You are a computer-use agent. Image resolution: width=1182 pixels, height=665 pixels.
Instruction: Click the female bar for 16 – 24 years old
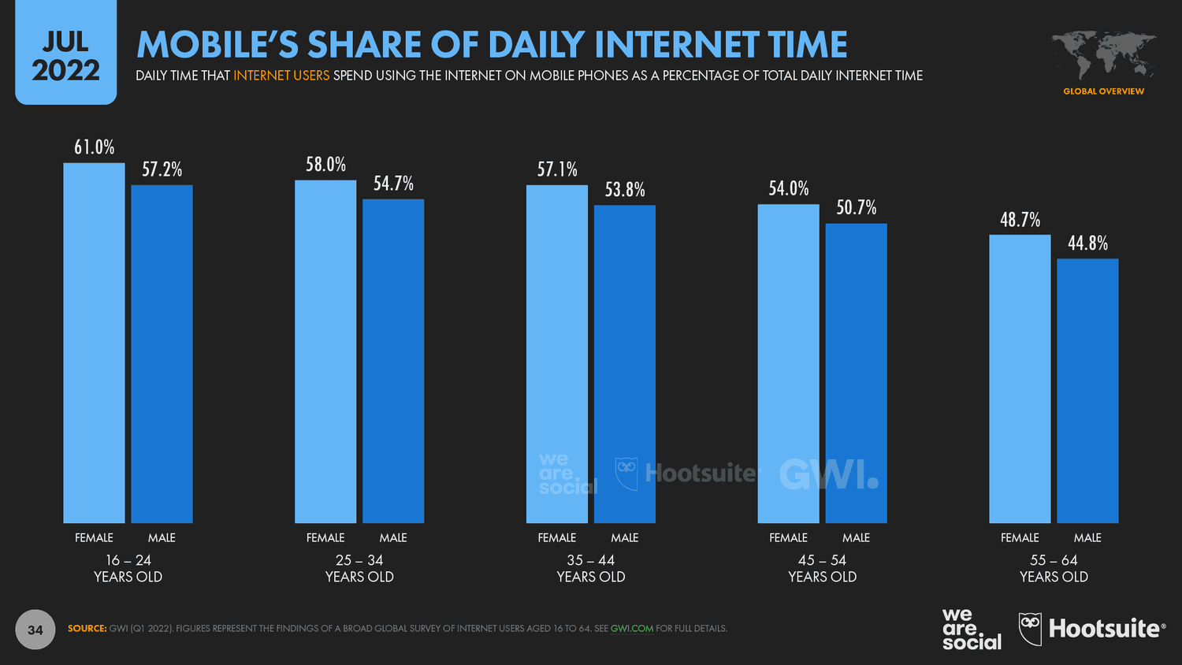pos(94,343)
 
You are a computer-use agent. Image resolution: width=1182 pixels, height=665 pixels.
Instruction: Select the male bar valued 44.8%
pos(1087,391)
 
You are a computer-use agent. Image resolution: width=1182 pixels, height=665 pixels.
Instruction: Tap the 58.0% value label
pos(325,165)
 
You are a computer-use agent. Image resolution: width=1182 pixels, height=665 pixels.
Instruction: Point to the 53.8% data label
pos(625,190)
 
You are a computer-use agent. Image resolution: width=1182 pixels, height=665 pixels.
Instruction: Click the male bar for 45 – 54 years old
pos(856,373)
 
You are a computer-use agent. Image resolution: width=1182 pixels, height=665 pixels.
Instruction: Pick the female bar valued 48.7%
pos(1020,379)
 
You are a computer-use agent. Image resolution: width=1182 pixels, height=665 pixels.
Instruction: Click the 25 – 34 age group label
pos(359,568)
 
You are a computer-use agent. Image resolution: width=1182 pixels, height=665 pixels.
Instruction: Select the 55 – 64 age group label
pos(1054,568)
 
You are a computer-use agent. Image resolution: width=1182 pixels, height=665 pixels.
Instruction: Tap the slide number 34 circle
pos(35,630)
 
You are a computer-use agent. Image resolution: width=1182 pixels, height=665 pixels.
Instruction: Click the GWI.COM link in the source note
pos(631,629)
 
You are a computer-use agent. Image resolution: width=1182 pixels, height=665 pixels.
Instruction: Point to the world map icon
pos(1103,55)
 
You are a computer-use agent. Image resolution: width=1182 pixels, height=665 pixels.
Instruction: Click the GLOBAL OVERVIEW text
pos(1103,91)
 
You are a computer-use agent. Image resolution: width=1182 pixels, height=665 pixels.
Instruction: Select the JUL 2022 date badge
pos(66,55)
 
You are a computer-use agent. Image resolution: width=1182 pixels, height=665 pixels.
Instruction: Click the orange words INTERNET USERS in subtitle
pos(281,76)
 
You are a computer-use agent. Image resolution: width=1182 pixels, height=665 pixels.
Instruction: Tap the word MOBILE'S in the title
pos(217,45)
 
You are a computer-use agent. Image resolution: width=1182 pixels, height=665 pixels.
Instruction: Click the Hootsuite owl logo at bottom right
pos(1030,629)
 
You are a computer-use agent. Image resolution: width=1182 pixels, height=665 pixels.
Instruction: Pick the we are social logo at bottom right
pos(971,629)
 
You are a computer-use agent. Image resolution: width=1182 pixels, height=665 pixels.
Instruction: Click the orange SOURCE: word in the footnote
pos(87,629)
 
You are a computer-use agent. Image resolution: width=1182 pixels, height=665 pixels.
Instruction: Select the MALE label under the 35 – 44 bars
pos(624,537)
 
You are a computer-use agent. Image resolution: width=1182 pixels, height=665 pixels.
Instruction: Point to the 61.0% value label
pos(95,147)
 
